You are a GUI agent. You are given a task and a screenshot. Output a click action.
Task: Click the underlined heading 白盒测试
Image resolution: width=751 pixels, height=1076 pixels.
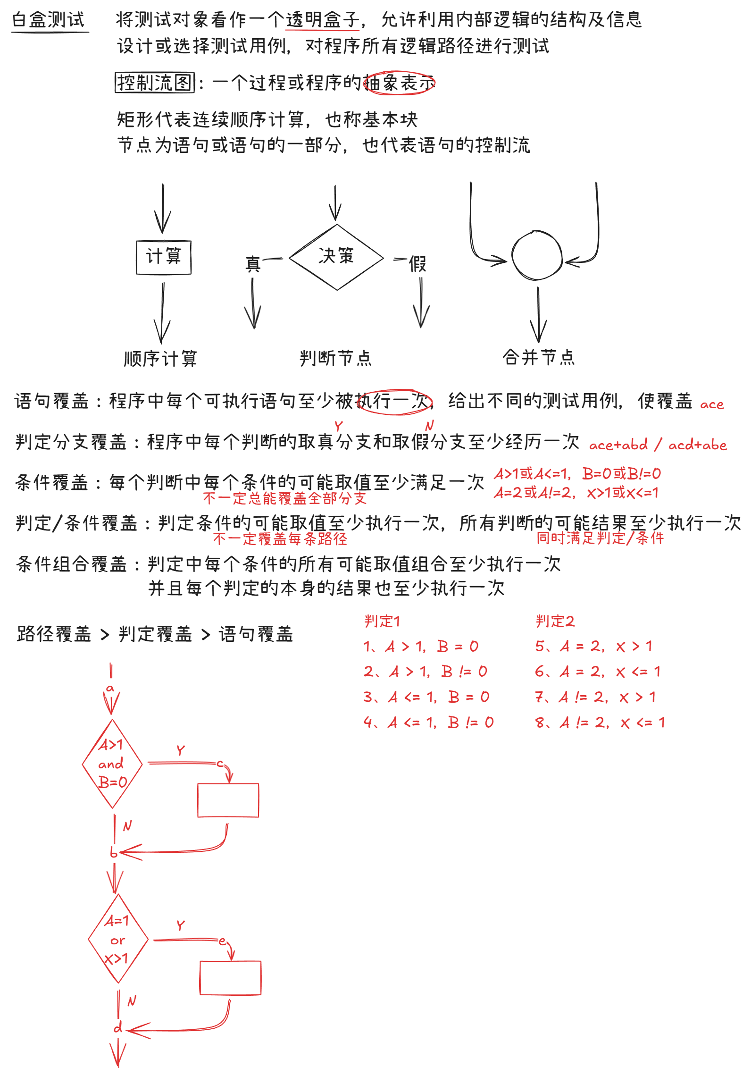pos(49,20)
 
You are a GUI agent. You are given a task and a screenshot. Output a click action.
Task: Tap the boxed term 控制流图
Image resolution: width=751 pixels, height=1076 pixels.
pos(154,83)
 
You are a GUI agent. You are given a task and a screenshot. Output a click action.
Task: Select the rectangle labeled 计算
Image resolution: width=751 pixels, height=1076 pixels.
pos(163,257)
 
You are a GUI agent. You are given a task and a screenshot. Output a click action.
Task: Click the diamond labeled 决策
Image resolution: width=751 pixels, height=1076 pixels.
pos(336,257)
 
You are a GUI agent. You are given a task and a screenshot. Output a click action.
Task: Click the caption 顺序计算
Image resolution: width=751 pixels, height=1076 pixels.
pos(160,359)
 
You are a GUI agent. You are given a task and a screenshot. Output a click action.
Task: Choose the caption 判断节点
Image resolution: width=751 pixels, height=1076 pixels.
pos(335,358)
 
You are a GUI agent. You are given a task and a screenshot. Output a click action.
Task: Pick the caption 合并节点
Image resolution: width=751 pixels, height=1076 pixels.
pos(538,357)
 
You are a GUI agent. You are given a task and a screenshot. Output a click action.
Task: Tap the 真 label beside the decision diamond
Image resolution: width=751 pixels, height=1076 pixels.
pos(253,264)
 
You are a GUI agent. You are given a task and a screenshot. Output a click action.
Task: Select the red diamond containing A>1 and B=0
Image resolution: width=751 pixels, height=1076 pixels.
pos(112,764)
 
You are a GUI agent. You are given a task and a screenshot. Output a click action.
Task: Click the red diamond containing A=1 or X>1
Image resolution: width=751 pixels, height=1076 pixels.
pos(117,939)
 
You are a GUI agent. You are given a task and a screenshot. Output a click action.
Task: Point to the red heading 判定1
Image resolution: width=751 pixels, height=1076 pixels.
pos(382,621)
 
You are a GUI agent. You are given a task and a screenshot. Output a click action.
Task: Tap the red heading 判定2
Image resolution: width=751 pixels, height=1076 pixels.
pos(555,621)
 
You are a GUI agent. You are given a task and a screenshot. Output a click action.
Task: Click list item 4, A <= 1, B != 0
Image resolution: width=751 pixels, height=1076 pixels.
pos(428,723)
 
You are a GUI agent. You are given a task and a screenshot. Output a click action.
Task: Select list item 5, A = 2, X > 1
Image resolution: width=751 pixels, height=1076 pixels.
pos(593,646)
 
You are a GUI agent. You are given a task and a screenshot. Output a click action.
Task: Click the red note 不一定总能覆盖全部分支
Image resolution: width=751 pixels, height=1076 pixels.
pos(284,498)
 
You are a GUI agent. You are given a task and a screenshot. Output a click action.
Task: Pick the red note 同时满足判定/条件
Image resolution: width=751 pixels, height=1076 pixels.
pos(600,538)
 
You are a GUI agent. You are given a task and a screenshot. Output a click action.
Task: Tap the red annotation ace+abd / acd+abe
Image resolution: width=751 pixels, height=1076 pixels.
pos(658,445)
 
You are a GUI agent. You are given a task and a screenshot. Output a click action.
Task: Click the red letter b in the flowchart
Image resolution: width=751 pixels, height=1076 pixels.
pos(114,852)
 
